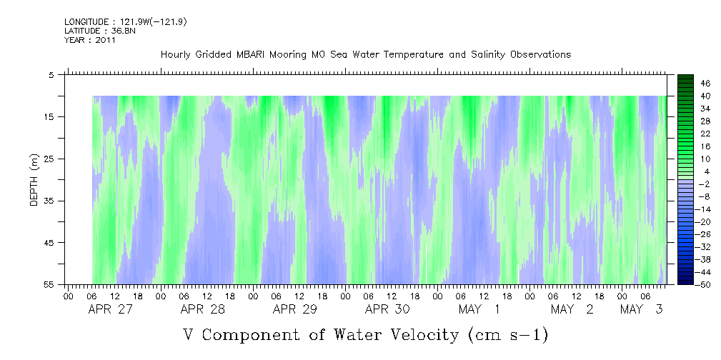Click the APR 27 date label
tap(111, 309)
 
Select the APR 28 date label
tap(203, 309)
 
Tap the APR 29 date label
tap(295, 309)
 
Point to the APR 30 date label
tap(387, 309)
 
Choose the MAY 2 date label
tap(572, 309)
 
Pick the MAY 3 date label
tap(642, 309)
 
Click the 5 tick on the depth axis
tap(51, 75)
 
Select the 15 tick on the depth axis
tap(50, 117)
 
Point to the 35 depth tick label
tap(50, 201)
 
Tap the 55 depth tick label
tap(50, 284)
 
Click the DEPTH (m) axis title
tap(34, 180)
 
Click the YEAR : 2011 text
tap(89, 40)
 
